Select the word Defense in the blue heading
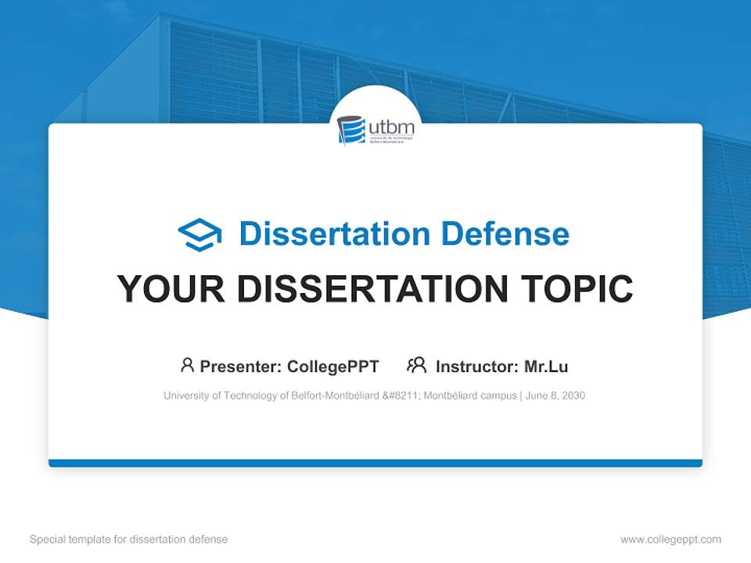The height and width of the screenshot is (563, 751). [505, 234]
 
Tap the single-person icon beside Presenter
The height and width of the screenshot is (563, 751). [187, 365]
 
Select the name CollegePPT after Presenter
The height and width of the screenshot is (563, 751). [333, 366]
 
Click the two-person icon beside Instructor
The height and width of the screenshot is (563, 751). [416, 365]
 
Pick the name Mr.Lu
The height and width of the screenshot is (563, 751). [546, 366]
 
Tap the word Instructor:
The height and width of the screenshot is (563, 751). [476, 366]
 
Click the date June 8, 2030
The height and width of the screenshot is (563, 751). [555, 396]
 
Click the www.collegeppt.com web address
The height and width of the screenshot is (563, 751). [670, 540]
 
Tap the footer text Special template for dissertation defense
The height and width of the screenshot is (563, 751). [129, 540]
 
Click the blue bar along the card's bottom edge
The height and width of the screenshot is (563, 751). [375, 463]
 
